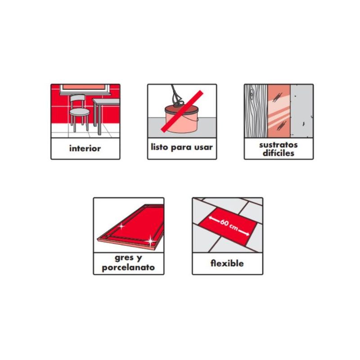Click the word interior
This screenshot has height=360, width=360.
click(85, 148)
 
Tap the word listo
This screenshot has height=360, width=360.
click(159, 147)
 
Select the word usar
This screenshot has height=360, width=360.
click(203, 147)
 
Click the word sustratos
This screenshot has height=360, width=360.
click(278, 145)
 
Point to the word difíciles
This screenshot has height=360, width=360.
click(279, 153)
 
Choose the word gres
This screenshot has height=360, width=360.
click(124, 258)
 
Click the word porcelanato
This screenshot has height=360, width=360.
click(128, 267)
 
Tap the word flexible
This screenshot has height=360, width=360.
click(227, 263)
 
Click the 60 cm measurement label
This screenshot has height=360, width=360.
click(229, 224)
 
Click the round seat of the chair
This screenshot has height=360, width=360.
click(80, 112)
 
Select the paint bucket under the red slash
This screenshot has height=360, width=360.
click(181, 119)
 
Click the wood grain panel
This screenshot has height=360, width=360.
click(256, 111)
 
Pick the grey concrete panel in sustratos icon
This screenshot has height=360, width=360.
click(301, 111)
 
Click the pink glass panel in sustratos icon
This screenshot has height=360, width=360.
click(279, 111)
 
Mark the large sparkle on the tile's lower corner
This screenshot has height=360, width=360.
click(150, 241)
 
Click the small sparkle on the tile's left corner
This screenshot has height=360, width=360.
click(121, 226)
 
